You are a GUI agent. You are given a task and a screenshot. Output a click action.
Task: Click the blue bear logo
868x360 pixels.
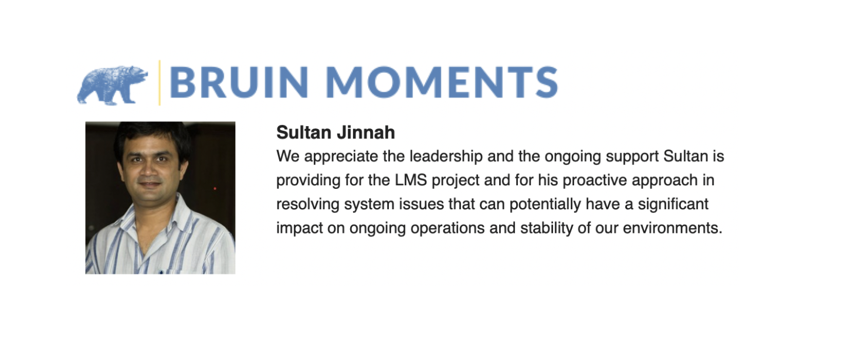tap(113, 85)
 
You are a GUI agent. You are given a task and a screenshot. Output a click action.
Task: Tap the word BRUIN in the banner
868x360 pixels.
tap(239, 82)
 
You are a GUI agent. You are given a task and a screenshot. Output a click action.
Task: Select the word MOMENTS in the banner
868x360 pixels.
tap(442, 82)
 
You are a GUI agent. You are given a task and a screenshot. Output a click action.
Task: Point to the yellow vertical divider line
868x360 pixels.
tap(160, 83)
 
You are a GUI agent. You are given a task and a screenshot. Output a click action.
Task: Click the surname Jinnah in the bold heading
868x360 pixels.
tap(366, 133)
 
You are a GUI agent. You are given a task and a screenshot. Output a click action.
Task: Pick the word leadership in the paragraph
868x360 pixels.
tap(446, 156)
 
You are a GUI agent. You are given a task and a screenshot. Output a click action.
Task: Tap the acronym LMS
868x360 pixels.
tap(411, 180)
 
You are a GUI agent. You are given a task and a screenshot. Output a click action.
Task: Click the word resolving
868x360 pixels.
tap(308, 205)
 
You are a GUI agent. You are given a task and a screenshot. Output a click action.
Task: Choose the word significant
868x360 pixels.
tap(673, 205)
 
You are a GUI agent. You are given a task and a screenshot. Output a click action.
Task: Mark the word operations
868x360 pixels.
tap(447, 229)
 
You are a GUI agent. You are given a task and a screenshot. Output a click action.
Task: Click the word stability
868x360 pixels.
tap(547, 228)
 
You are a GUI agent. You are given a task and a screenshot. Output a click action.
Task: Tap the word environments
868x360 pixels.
tap(673, 228)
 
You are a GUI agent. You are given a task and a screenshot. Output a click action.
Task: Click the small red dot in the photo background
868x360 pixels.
tap(215, 189)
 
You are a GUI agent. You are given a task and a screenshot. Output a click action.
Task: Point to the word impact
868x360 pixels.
tap(300, 229)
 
